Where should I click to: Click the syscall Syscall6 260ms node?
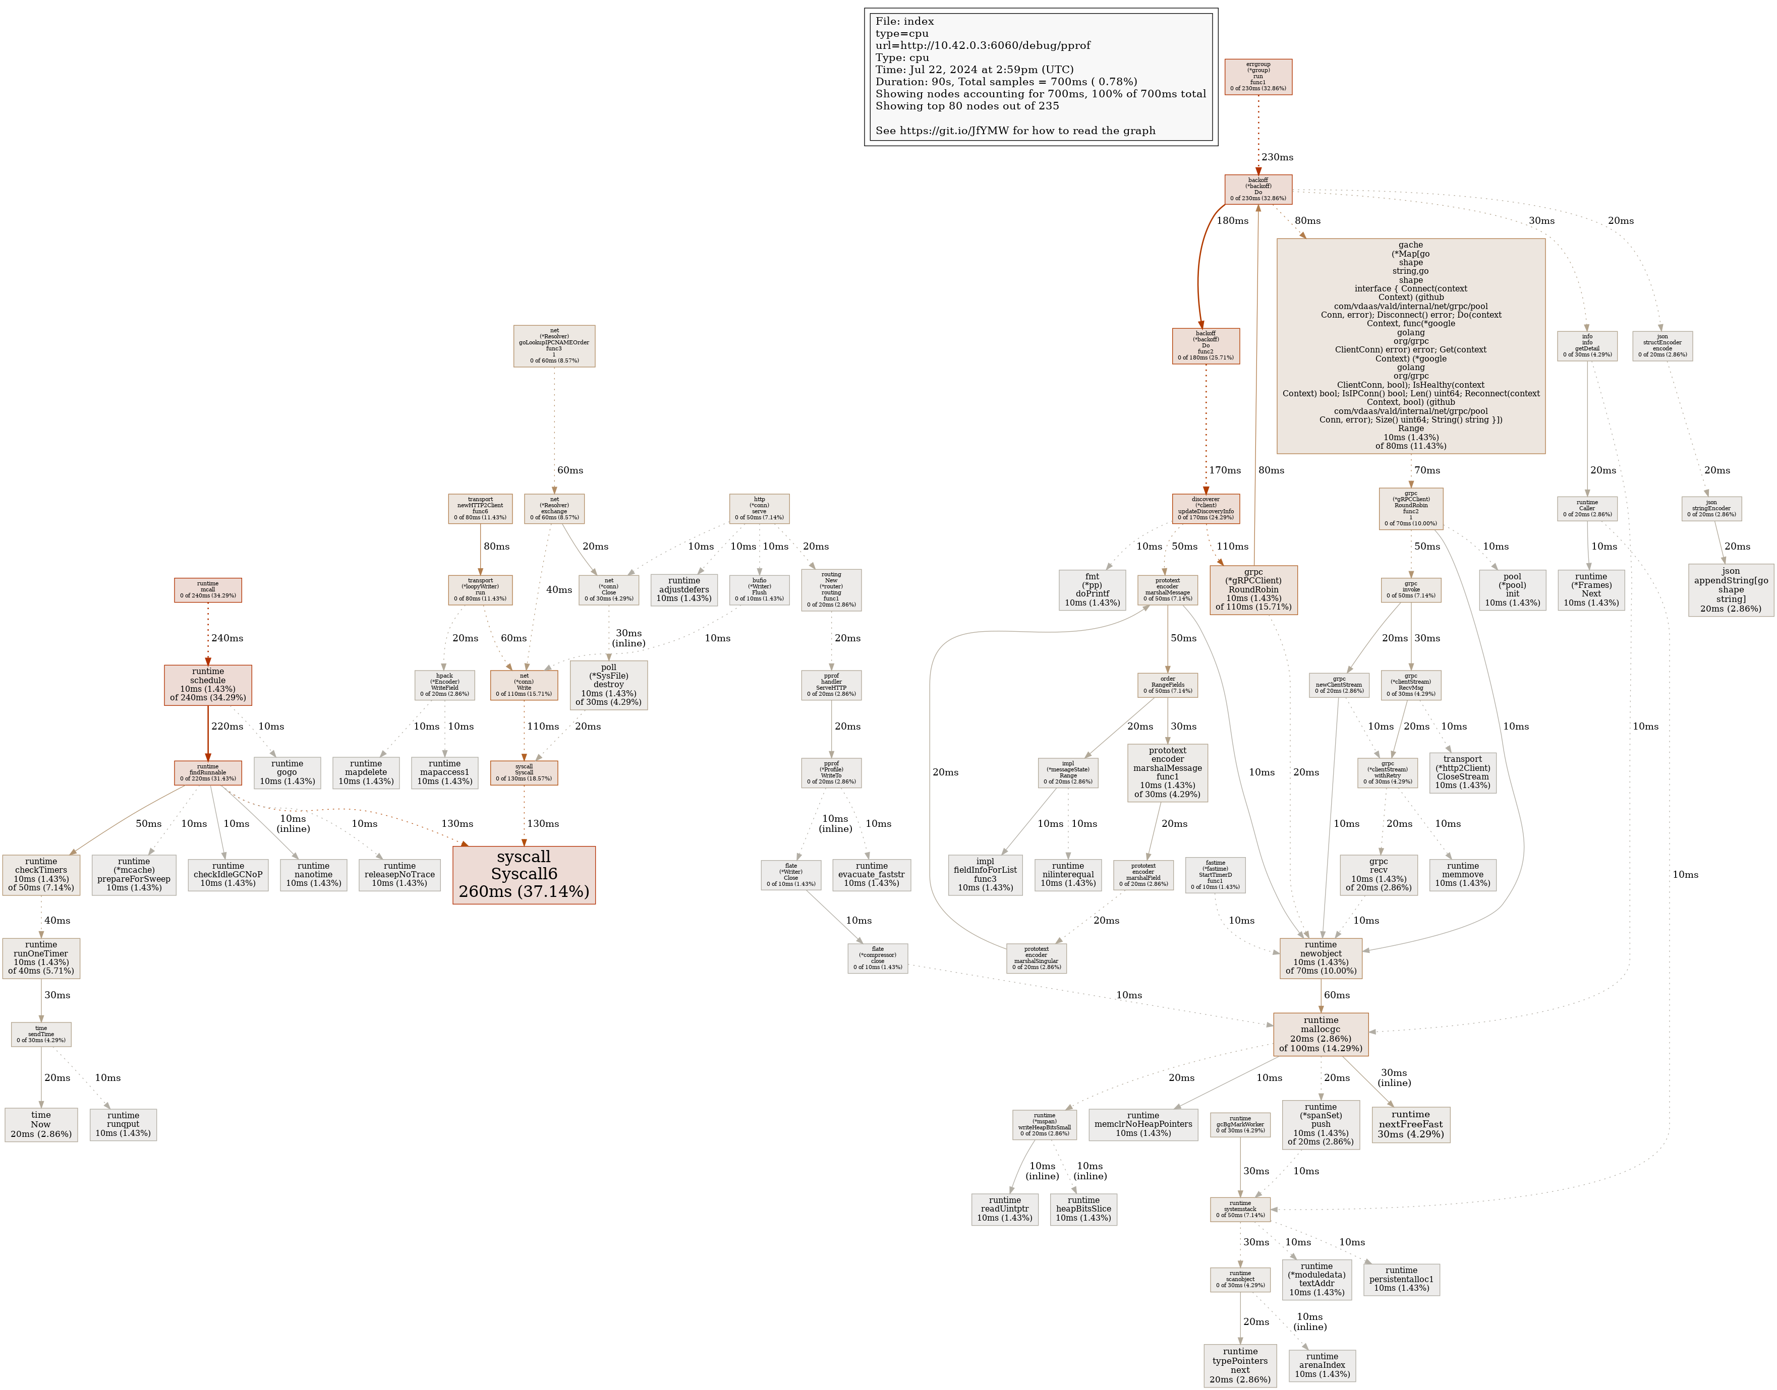click(524, 874)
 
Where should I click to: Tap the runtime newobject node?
click(1321, 958)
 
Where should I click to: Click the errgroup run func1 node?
click(1257, 77)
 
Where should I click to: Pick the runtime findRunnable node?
click(208, 772)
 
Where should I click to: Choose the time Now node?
click(41, 1124)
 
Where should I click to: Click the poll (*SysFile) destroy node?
click(608, 685)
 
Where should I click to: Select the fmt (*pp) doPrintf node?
click(1092, 589)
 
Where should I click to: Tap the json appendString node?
click(1731, 589)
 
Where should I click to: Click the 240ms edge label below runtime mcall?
click(227, 638)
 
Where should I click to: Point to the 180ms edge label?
click(1232, 220)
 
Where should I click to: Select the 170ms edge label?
click(1224, 470)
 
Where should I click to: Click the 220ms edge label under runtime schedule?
click(227, 726)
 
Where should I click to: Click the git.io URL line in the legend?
click(1015, 130)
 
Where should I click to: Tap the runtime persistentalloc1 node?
click(1401, 1279)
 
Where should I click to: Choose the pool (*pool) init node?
click(1512, 589)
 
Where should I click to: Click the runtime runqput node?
click(123, 1124)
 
